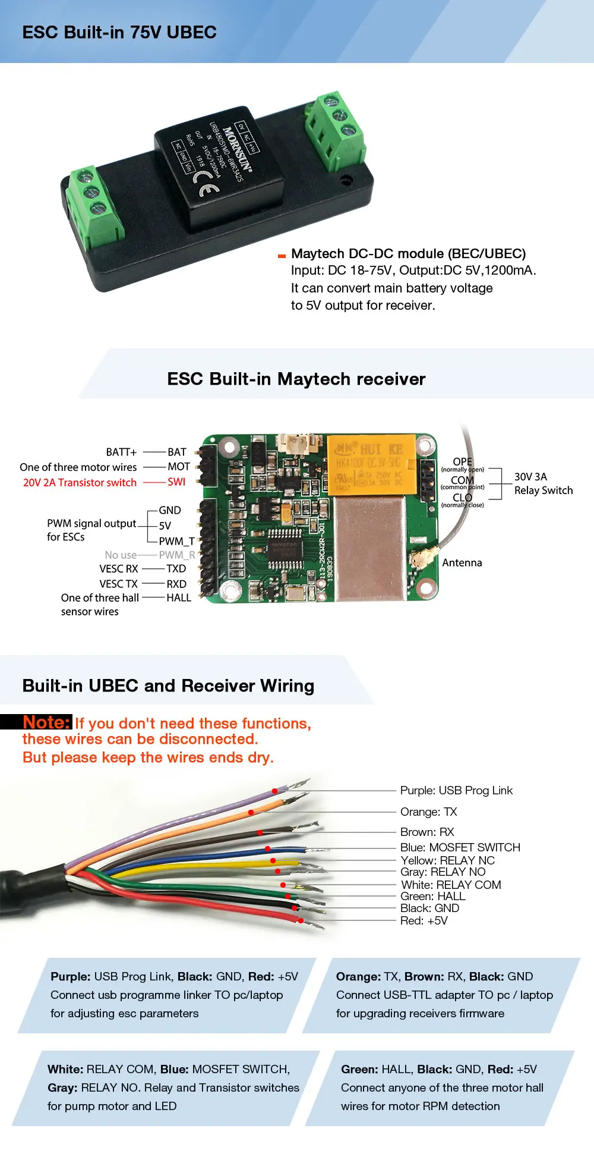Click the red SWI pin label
176,482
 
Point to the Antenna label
462,562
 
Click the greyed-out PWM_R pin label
176,555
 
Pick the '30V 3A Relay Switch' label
543,483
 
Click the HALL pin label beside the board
179,598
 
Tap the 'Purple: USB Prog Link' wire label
456,790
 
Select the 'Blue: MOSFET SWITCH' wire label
460,847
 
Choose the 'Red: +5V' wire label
424,920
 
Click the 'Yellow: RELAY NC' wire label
447,860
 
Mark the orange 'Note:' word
46,722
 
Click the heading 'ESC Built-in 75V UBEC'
119,32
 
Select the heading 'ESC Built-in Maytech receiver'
296,379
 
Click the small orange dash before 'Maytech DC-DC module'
282,256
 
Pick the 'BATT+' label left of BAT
121,452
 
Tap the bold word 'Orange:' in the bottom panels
358,976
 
